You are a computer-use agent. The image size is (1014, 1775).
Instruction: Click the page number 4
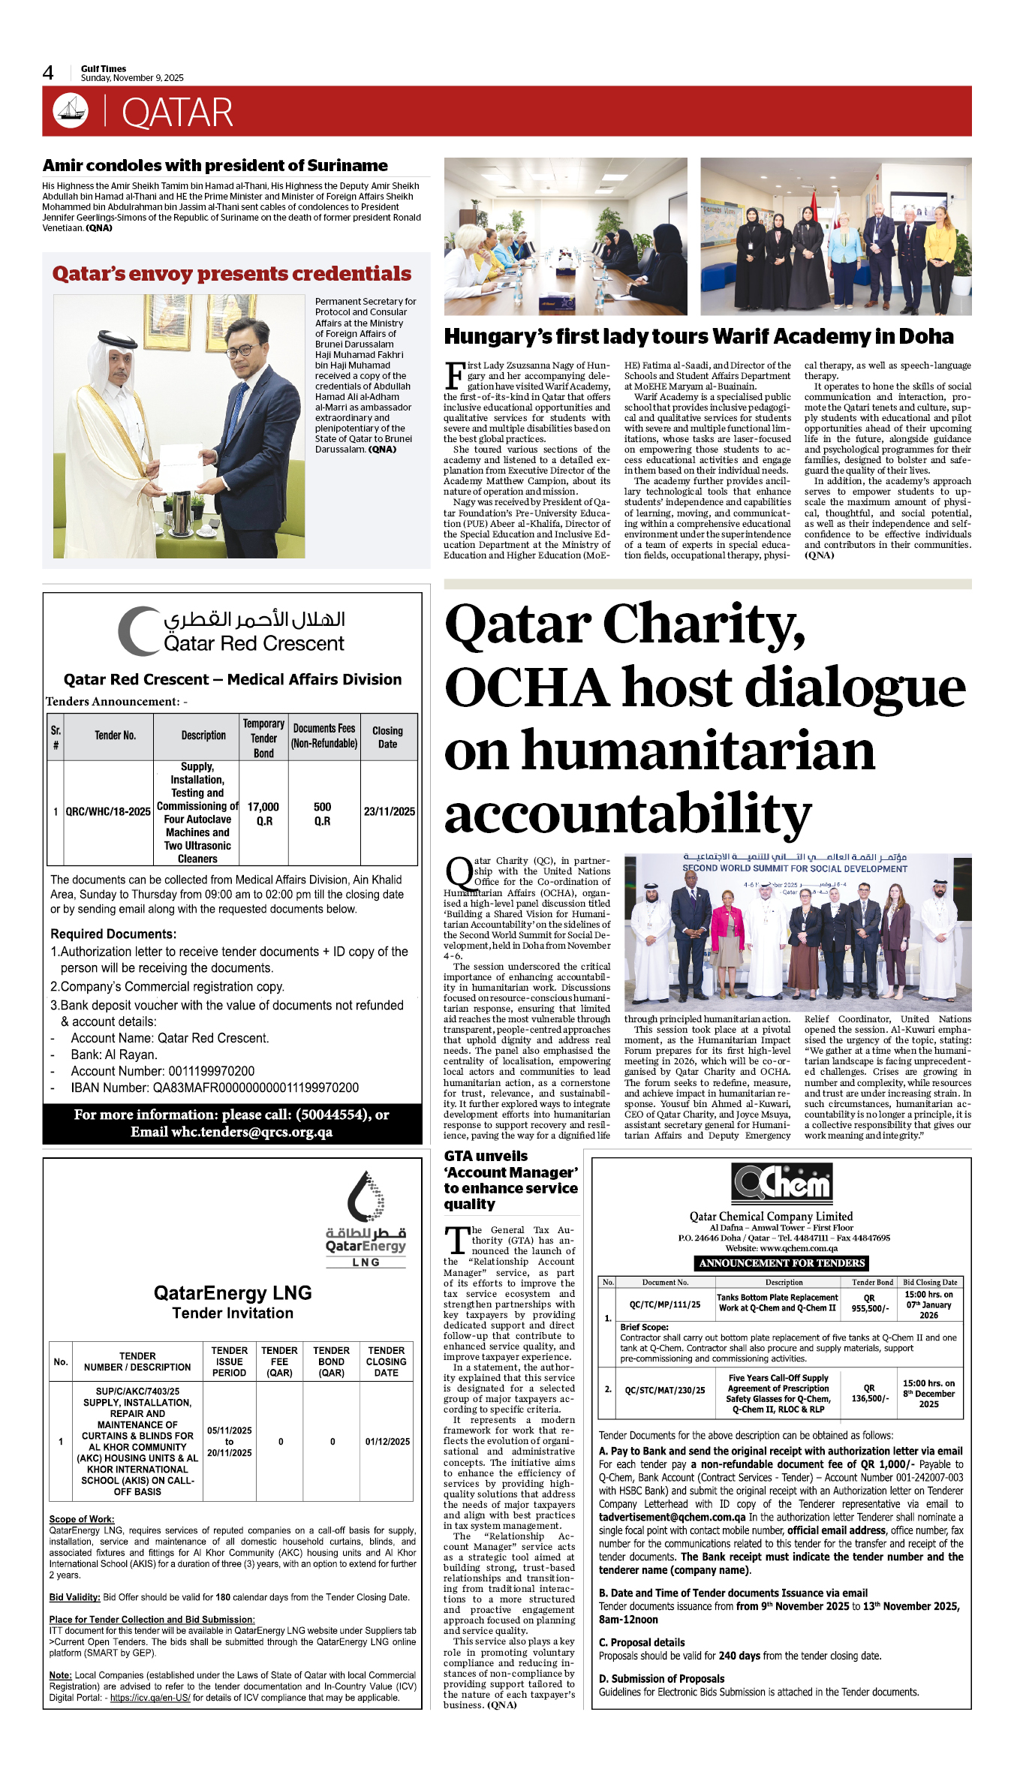48,73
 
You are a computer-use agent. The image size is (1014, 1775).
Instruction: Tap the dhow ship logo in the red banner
71,110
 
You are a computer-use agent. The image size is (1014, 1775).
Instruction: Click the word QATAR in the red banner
177,113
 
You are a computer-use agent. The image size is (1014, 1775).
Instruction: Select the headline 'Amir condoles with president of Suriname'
215,165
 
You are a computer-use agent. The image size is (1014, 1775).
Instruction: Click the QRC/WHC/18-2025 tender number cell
108,811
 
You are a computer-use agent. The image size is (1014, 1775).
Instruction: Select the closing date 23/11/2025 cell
389,811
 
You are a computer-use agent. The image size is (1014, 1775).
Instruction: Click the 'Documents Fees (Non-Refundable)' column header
324,736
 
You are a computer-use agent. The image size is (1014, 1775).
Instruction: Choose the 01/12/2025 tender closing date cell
387,1441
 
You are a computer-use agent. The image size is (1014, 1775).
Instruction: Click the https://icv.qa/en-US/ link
150,1697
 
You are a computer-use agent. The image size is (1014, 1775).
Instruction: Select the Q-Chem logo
781,1182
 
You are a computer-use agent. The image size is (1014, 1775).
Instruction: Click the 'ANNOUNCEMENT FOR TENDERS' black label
781,1263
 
